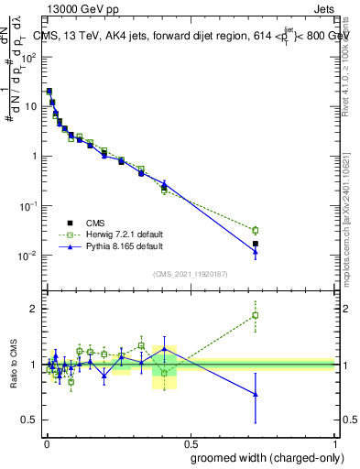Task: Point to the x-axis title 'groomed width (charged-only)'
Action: pos(263,456)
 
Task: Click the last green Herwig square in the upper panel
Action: pos(256,230)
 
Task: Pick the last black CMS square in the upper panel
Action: pos(256,244)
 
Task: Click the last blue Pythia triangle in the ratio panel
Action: pos(256,395)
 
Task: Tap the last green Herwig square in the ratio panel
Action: pos(256,315)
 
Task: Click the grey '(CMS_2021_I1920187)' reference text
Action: pos(191,273)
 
